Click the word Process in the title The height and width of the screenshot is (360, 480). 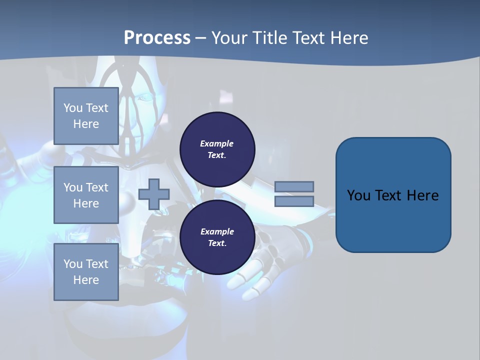157,38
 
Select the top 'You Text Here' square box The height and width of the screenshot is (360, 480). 86,116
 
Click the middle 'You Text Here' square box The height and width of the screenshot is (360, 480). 86,195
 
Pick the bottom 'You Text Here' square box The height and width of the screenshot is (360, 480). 86,272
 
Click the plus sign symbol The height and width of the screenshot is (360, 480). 154,194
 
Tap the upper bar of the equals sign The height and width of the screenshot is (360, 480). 294,186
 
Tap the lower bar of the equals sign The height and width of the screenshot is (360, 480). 294,201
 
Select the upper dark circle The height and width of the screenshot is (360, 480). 217,149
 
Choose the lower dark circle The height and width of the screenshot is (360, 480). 217,237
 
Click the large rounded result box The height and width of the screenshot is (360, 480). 393,195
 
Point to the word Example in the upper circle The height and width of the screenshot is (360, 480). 217,143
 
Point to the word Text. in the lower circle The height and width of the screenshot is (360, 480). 217,243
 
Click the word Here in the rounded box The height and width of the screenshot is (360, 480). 422,195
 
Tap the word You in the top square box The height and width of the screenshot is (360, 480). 73,108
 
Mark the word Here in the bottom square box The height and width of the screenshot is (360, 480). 86,280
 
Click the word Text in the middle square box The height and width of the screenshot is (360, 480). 97,187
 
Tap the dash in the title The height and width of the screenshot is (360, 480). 200,38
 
